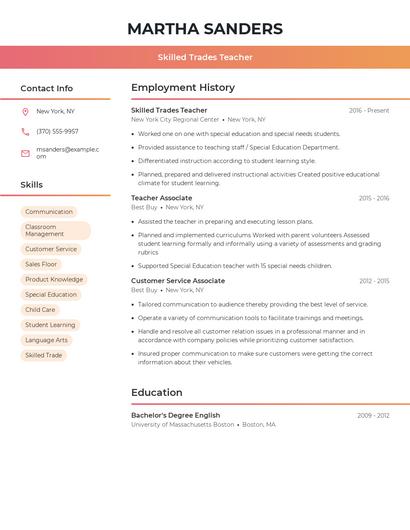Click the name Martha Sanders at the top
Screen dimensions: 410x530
(x=204, y=29)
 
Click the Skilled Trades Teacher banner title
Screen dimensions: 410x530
(x=204, y=57)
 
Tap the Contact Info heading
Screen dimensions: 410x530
(x=46, y=88)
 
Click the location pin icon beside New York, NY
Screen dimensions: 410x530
(x=25, y=112)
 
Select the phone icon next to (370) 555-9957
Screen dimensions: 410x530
(x=25, y=131)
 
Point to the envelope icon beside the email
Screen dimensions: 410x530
(x=25, y=153)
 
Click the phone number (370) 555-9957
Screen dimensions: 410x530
(x=57, y=131)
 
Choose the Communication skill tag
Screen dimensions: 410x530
(x=48, y=212)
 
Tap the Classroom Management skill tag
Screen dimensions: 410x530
(x=55, y=230)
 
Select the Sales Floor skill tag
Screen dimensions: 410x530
(x=41, y=264)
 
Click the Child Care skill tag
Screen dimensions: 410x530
(x=40, y=310)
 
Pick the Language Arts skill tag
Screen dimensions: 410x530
(x=46, y=340)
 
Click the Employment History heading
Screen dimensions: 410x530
(x=183, y=88)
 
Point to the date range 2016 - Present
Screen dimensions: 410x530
(x=368, y=111)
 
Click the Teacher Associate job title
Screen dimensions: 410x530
(x=161, y=198)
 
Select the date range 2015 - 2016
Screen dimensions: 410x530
(x=373, y=199)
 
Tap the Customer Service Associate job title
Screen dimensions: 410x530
(x=178, y=281)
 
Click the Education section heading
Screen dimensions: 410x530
(x=156, y=393)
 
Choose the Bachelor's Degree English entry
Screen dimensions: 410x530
(x=176, y=415)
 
